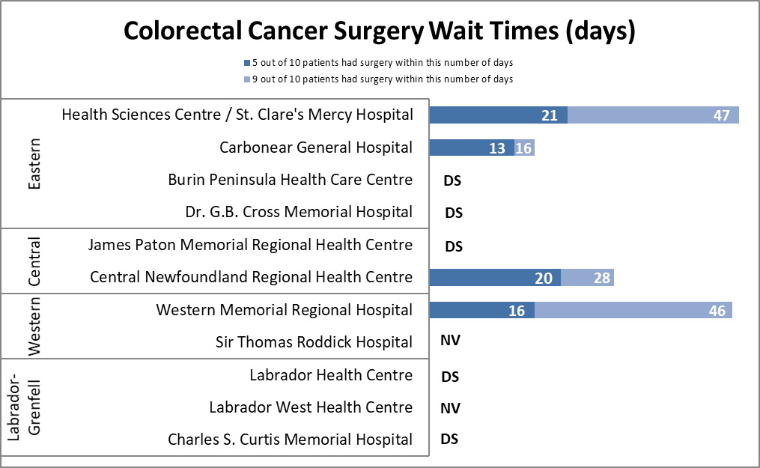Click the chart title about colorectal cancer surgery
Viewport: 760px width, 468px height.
coord(380,31)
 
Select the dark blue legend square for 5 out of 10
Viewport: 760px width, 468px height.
coord(246,63)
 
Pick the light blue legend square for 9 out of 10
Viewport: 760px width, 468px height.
coord(246,79)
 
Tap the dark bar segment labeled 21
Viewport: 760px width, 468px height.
coord(498,115)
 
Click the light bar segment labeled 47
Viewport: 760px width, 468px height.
coord(653,115)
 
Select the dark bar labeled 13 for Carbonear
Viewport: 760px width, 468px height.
coord(472,148)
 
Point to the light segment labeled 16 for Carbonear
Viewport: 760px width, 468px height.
coord(523,148)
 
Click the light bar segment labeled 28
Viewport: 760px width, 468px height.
coord(587,278)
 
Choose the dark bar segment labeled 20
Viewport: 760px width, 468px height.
coord(495,278)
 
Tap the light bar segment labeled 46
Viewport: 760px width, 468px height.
coord(633,310)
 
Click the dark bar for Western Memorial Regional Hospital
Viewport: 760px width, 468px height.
coord(481,310)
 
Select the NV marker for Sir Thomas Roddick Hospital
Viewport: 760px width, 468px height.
coord(450,341)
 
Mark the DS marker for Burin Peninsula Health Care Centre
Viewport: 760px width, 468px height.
coord(452,180)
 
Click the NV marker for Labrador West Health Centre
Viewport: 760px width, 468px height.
coord(450,408)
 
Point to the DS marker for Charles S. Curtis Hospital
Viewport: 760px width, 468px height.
coord(449,440)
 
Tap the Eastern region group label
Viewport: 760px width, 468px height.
coord(34,163)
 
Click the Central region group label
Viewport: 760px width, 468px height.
coord(34,261)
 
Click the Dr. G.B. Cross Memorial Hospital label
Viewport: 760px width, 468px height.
coord(299,212)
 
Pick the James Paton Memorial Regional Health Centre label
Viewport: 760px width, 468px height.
coord(250,245)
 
